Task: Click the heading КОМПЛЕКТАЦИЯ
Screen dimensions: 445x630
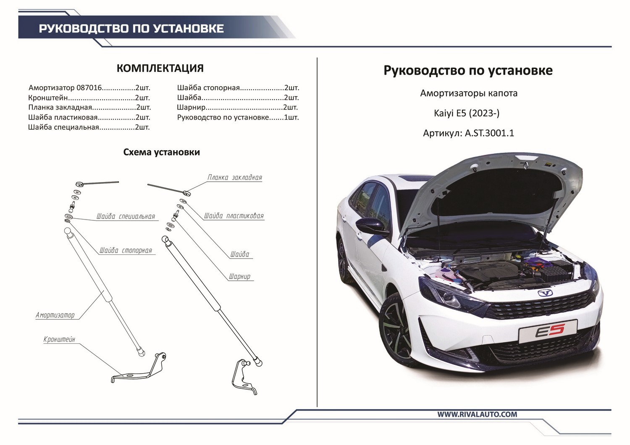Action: click(x=160, y=68)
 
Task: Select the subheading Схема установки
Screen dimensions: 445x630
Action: click(x=161, y=152)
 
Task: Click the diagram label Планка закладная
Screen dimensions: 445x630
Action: click(x=234, y=178)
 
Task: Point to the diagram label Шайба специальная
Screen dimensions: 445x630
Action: click(x=126, y=217)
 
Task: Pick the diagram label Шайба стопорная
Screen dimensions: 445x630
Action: click(x=125, y=251)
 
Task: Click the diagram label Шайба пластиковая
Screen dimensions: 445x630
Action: click(x=234, y=216)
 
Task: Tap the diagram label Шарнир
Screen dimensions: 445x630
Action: click(x=239, y=277)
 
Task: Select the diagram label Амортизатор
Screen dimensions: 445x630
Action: click(x=55, y=315)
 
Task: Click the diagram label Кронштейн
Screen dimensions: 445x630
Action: click(x=59, y=339)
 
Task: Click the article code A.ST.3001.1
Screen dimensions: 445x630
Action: click(x=489, y=133)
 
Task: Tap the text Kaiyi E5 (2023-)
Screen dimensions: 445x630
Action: click(x=467, y=113)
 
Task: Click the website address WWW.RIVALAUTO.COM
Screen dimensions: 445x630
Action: click(x=477, y=414)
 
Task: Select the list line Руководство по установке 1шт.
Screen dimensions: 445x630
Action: click(x=238, y=118)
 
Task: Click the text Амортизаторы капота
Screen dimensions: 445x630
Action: click(x=469, y=93)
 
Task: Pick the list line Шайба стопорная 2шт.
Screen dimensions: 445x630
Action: click(x=238, y=88)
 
